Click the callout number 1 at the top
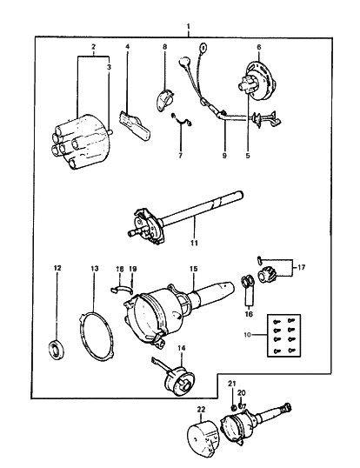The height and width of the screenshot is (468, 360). tap(189, 29)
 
